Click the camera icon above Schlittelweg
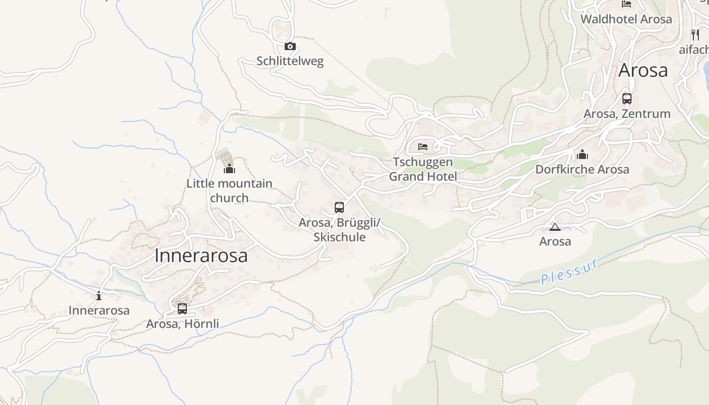coord(290,47)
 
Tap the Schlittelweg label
coord(290,61)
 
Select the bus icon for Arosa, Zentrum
coord(627,99)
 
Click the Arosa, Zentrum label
coord(627,114)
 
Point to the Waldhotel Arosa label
coord(626,19)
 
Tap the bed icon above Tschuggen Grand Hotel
coord(423,147)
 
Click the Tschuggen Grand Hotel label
coord(423,169)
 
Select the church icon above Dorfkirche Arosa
coord(582,154)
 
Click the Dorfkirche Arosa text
coord(582,169)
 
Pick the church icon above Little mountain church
coord(229,169)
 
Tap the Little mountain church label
coord(229,190)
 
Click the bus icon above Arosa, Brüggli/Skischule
coord(339,208)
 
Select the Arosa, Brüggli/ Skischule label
coord(339,230)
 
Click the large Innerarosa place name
coord(201,256)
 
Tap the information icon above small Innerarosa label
coord(99,296)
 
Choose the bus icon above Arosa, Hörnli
coord(182,308)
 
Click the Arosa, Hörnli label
coord(182,323)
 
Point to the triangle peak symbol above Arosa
coord(555,227)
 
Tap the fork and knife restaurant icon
coord(695,34)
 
